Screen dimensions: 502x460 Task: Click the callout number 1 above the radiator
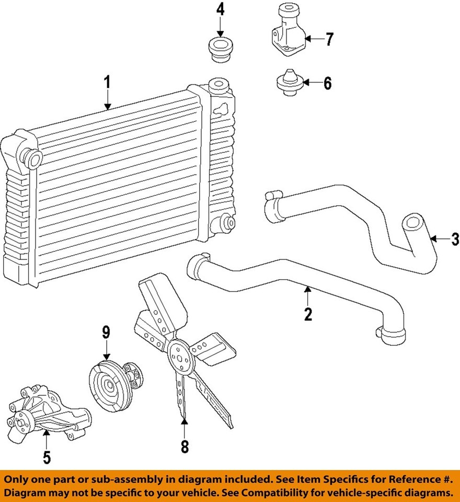click(x=107, y=83)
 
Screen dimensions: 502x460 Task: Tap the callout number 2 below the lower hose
click(x=308, y=314)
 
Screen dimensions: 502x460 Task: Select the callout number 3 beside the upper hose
click(x=454, y=239)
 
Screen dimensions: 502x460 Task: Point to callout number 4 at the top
click(x=220, y=9)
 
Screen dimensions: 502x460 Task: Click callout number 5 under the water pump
click(x=47, y=458)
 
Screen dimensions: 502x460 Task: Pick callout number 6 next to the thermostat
click(x=327, y=83)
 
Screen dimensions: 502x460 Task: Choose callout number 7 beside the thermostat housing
click(x=329, y=39)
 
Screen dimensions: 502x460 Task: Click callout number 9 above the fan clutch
click(x=106, y=332)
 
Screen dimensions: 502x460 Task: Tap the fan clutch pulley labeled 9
click(x=110, y=386)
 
